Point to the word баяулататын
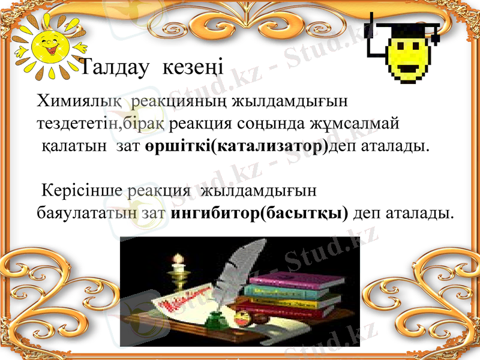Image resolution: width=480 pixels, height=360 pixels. (86, 213)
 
